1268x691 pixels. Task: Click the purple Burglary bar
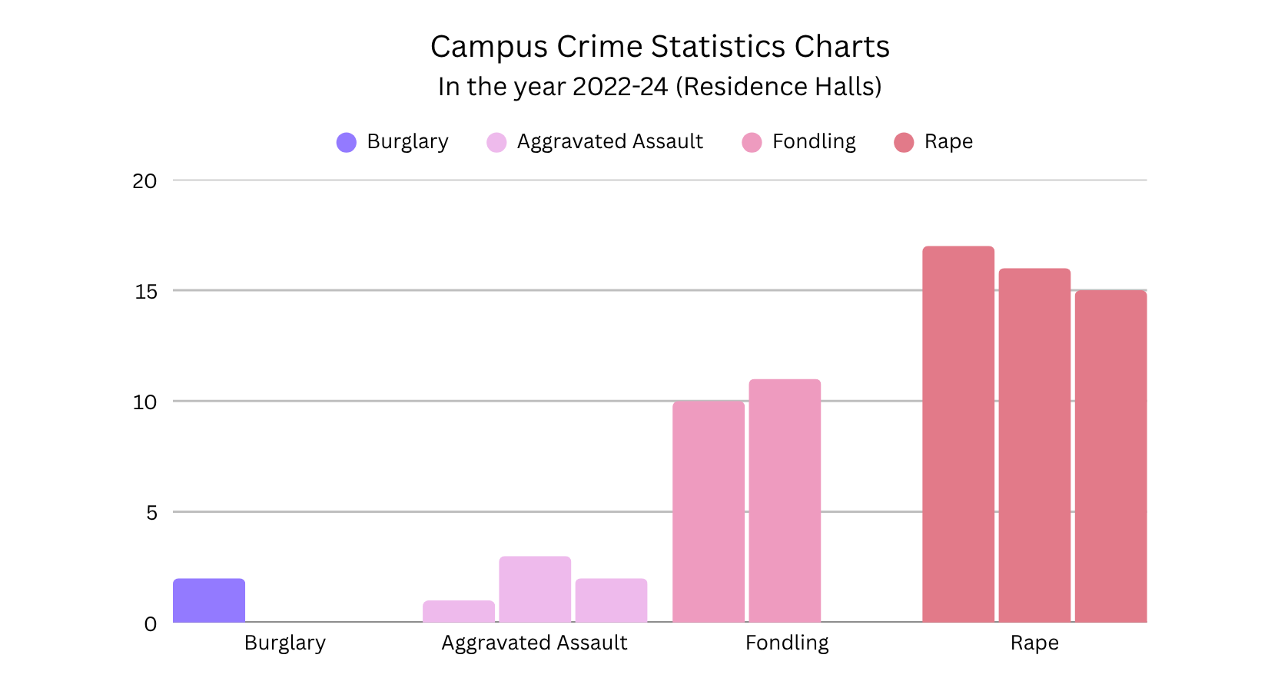click(209, 600)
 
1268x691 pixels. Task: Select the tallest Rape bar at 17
click(958, 435)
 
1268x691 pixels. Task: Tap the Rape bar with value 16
click(1034, 445)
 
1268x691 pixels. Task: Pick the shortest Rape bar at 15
click(1110, 457)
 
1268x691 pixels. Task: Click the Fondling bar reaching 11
click(785, 501)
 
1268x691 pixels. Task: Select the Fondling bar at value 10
click(709, 511)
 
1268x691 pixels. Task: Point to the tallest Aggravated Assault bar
click(535, 589)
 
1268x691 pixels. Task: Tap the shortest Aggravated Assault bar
click(459, 611)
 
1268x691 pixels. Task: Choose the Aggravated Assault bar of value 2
click(611, 600)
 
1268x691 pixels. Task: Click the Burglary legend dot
click(347, 143)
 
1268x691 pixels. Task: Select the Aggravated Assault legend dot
click(496, 143)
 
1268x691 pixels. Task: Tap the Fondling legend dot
click(752, 143)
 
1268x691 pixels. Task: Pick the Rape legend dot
click(904, 143)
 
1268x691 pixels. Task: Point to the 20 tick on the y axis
click(144, 181)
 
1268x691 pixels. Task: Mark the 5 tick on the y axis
click(151, 513)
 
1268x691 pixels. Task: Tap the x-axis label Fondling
click(787, 643)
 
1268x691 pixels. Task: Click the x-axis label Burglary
click(285, 643)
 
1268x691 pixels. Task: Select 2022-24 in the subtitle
click(620, 87)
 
